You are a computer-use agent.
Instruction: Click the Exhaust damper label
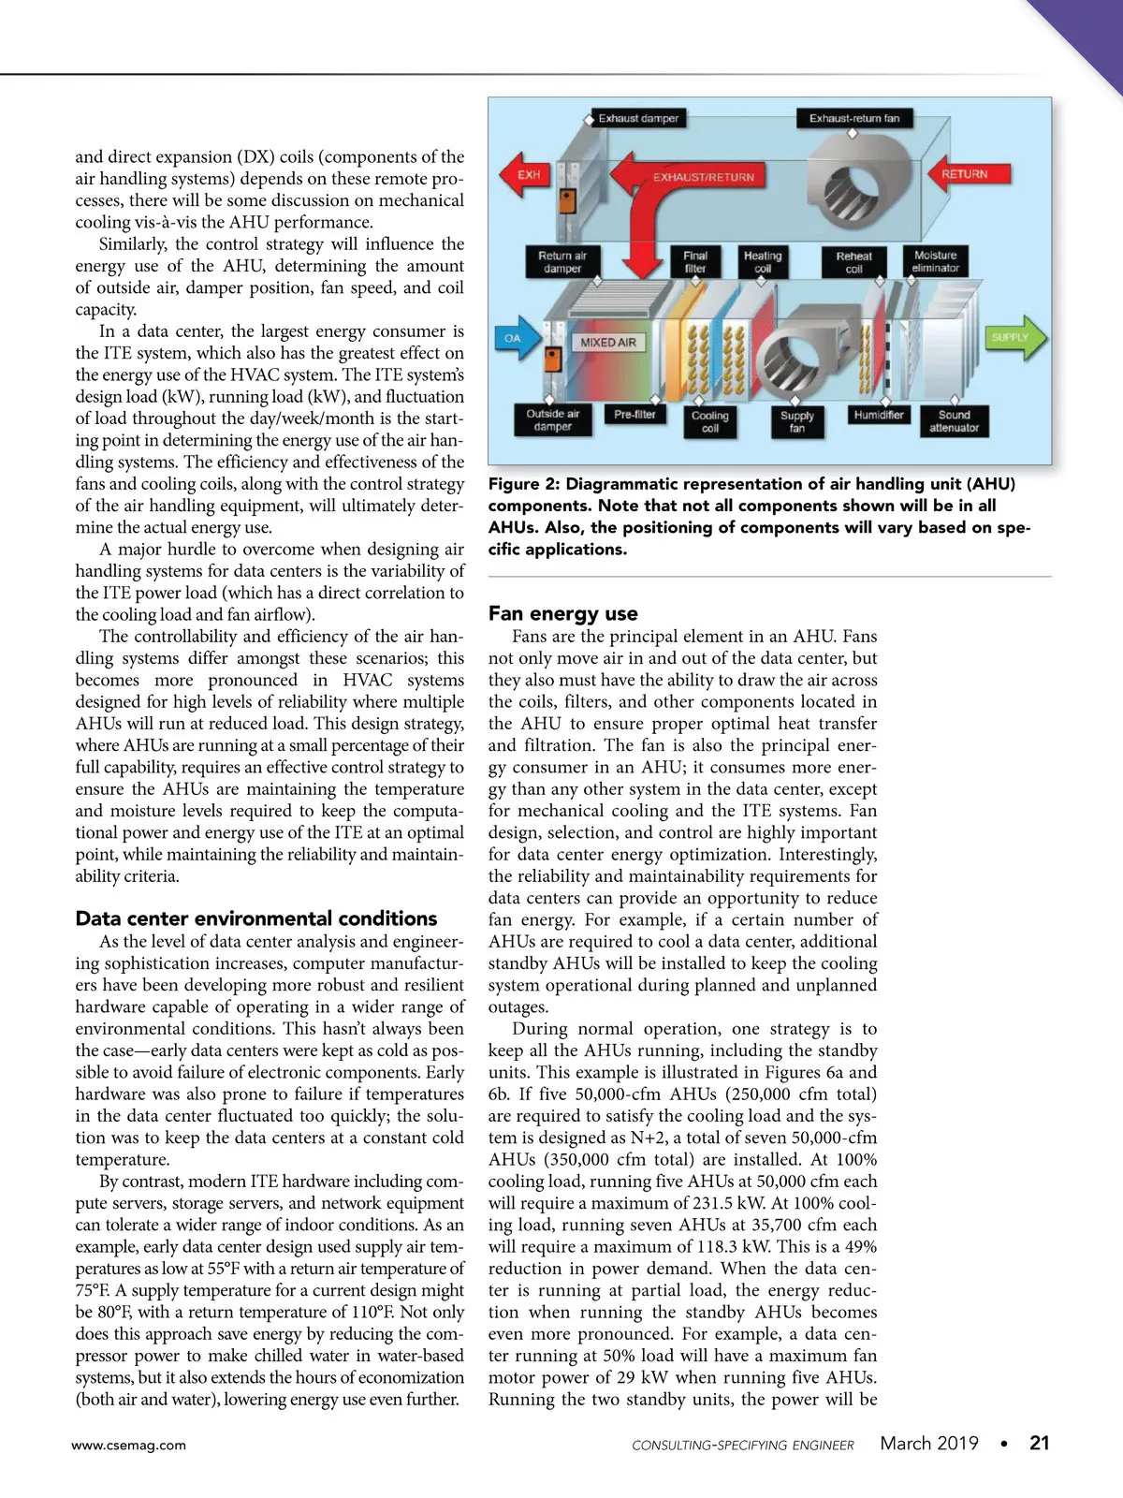coord(639,119)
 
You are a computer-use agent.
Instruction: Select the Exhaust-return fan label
coord(853,119)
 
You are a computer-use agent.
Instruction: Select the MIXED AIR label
coord(607,343)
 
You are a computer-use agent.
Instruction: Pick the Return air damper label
coord(562,262)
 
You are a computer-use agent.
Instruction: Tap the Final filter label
coord(695,262)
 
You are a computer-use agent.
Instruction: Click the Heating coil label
coord(763,262)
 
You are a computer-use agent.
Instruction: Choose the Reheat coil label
coord(853,262)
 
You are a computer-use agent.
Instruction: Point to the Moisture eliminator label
coord(936,261)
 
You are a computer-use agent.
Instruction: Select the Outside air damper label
coord(553,420)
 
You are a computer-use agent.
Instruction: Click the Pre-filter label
coord(634,414)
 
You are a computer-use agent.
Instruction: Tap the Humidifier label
coord(879,415)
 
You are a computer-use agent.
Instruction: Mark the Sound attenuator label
coord(954,421)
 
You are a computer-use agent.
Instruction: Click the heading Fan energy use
coord(563,614)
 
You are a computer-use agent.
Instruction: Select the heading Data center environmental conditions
coord(256,918)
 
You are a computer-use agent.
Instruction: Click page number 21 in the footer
coord(1039,1444)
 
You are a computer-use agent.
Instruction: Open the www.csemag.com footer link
coord(129,1446)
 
